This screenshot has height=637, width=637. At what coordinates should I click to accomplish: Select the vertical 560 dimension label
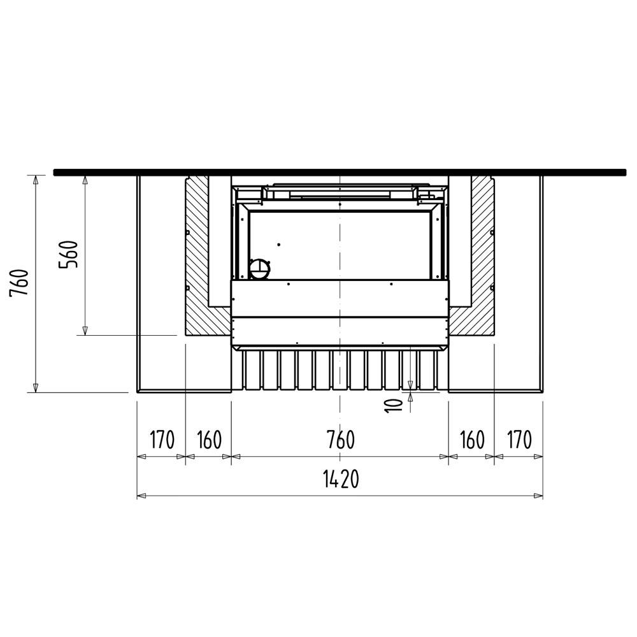[x=68, y=254]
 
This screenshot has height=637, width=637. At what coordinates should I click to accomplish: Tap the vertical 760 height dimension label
[x=19, y=282]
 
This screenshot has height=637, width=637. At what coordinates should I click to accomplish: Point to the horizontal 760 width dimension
[x=340, y=440]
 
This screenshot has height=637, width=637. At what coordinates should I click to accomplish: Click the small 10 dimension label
[x=393, y=405]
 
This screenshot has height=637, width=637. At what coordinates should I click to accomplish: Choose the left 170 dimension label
[x=162, y=440]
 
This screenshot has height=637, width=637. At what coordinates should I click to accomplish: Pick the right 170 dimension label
[x=519, y=440]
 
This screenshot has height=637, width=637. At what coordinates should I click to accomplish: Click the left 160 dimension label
[x=209, y=440]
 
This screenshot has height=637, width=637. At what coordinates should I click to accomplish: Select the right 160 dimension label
[x=472, y=440]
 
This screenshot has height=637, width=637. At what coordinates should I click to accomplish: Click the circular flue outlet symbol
[x=259, y=269]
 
